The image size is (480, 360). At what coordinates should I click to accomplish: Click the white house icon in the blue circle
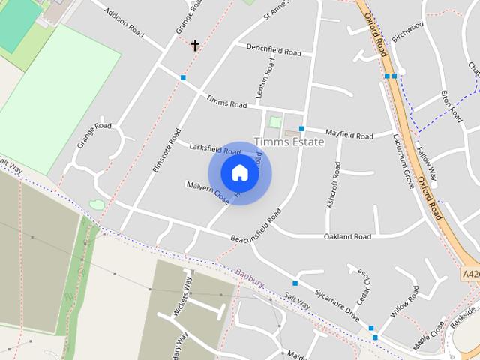coord(239,173)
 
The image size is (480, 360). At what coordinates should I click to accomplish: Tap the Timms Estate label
coord(289,142)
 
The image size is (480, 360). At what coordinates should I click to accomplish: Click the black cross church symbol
coord(195,46)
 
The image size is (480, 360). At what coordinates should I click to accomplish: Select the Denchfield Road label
coord(273,50)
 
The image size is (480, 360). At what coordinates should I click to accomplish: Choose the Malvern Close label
coord(208,192)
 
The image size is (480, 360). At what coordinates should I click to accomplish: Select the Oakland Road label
coord(347,237)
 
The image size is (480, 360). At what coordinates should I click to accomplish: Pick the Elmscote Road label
coord(163,154)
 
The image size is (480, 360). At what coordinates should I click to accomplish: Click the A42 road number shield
coord(470,274)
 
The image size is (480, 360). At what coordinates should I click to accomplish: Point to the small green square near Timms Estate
coord(275,121)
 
